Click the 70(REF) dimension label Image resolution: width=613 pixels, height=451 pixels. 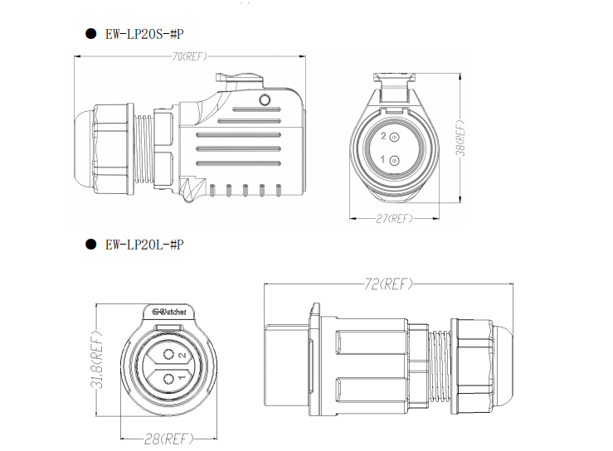[x=190, y=56]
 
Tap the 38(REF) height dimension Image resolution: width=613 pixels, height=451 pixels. [x=461, y=138]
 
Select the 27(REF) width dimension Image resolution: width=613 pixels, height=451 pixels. [x=394, y=219]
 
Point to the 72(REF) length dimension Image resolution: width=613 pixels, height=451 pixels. [x=388, y=284]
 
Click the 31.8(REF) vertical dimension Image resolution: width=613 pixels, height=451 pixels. [x=96, y=360]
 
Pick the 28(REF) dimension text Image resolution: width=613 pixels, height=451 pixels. [x=169, y=439]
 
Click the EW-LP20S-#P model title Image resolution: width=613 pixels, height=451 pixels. [x=144, y=34]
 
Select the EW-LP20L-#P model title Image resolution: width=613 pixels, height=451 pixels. [x=144, y=245]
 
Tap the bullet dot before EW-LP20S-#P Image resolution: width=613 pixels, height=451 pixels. [x=90, y=34]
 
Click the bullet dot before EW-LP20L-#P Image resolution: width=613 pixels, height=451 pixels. [x=90, y=245]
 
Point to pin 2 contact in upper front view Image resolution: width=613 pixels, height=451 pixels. [x=395, y=137]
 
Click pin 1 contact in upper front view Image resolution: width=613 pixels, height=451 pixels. [x=395, y=161]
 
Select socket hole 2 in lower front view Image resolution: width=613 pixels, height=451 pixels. [x=169, y=355]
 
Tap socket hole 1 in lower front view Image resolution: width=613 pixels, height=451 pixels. [x=169, y=379]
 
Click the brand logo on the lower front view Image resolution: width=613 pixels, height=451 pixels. [x=169, y=312]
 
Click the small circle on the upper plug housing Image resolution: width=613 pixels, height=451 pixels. [x=265, y=100]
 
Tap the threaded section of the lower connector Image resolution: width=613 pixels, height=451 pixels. [x=440, y=366]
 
